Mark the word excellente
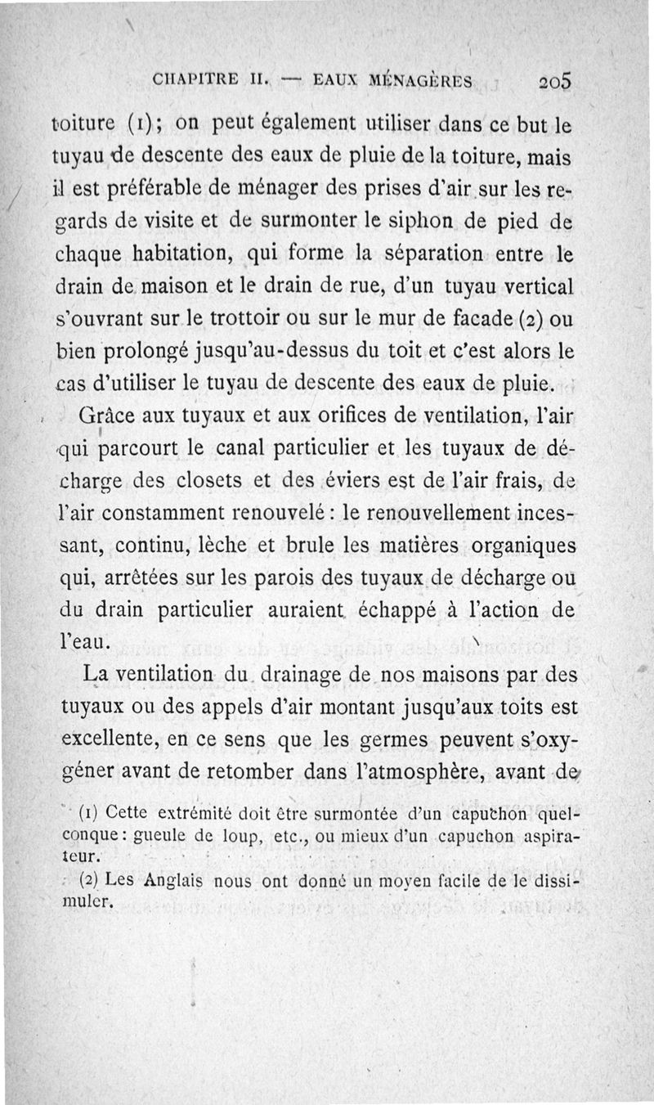pyautogui.click(x=109, y=740)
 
